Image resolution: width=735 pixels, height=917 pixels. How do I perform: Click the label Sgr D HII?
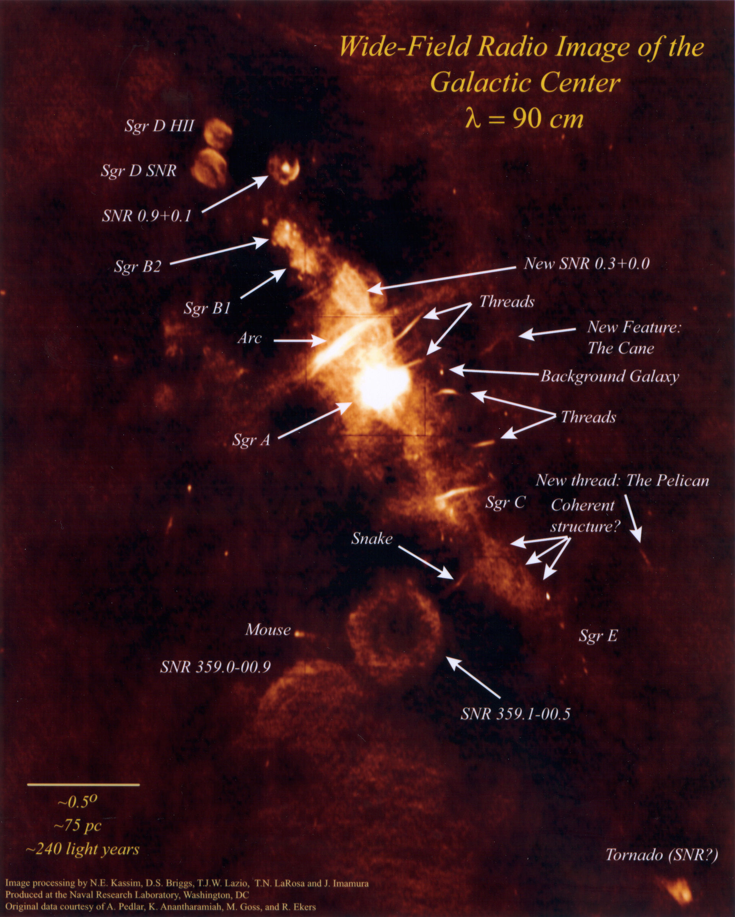159,126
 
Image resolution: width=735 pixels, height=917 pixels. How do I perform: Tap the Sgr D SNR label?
139,171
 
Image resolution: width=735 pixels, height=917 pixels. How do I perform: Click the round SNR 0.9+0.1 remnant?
284,169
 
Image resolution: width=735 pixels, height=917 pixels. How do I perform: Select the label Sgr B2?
138,267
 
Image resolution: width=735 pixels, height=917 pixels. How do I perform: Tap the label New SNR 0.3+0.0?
586,264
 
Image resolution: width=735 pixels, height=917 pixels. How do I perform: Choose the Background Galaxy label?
609,377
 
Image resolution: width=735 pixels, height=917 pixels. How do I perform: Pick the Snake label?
372,539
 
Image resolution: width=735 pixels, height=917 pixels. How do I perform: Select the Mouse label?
268,630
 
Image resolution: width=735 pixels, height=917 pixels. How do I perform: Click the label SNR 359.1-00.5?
515,714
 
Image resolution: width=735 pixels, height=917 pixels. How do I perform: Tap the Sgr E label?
598,636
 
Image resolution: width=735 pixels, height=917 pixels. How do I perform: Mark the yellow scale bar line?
83,784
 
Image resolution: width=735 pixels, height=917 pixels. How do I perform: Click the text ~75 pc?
78,825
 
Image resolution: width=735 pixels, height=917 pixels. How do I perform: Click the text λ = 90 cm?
524,120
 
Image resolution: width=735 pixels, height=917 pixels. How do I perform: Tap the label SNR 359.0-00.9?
215,667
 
